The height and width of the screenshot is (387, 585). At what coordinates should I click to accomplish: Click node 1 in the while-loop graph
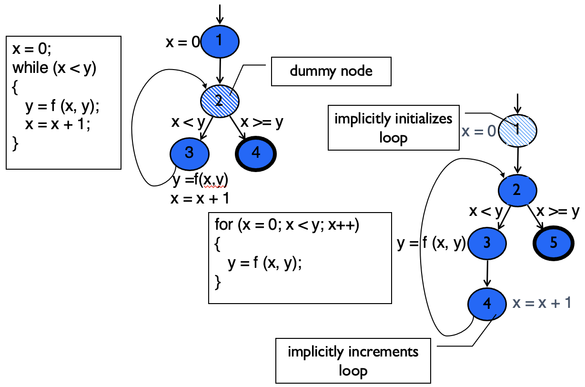pos(220,41)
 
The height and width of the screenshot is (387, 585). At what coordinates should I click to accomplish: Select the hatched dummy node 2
pos(220,100)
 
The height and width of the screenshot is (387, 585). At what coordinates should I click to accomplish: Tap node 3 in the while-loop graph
pos(189,153)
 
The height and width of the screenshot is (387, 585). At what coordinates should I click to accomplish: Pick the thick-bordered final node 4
pos(256,153)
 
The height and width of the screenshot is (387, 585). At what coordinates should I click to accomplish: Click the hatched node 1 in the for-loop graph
pos(517,130)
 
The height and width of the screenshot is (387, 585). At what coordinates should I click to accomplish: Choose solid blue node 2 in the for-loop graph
pos(517,190)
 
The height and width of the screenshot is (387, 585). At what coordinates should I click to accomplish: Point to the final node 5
pos(553,243)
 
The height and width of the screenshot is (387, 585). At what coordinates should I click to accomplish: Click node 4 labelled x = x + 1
pos(487,303)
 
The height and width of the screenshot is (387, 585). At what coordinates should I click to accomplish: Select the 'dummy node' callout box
pos(331,72)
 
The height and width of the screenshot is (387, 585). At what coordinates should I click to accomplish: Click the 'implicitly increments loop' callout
pos(353,361)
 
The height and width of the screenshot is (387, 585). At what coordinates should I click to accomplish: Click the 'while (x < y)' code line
pos(54,68)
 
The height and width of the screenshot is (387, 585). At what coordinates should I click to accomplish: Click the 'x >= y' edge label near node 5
pos(558,211)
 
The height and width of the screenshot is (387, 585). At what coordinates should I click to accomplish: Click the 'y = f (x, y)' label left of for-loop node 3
pos(431,244)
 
